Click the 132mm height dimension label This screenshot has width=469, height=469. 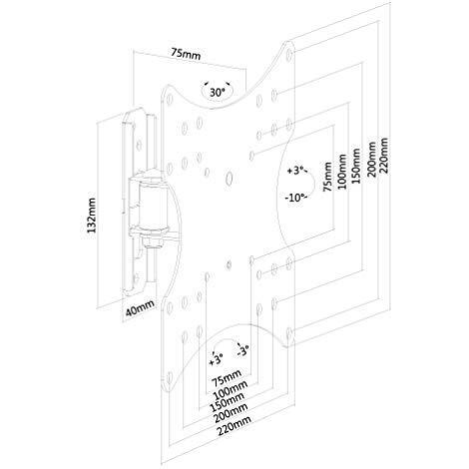coord(91,216)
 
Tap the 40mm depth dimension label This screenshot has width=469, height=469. coord(140,307)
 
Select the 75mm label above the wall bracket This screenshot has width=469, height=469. coord(187,53)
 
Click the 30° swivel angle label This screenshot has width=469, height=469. coord(218,92)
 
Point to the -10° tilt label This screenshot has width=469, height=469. coord(295,198)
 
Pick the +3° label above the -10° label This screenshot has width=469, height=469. coord(296,171)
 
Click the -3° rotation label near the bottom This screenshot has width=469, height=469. coord(242,351)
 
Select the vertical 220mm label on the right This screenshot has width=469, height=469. coord(384,155)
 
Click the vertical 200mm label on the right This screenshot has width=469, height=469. coord(371,159)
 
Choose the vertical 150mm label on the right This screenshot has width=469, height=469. coord(356,166)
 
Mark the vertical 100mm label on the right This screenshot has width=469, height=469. coord(342,172)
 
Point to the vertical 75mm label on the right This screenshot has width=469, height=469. coord(327,177)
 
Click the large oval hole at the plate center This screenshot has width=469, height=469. coord(230,178)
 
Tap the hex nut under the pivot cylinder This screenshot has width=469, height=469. coord(153,241)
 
